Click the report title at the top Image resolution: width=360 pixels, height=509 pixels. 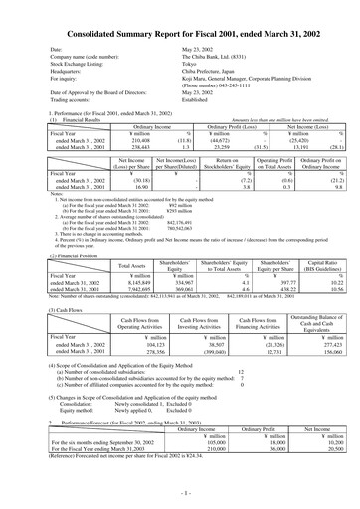pos(180,30)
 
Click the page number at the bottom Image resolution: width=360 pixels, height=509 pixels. pos(180,493)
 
